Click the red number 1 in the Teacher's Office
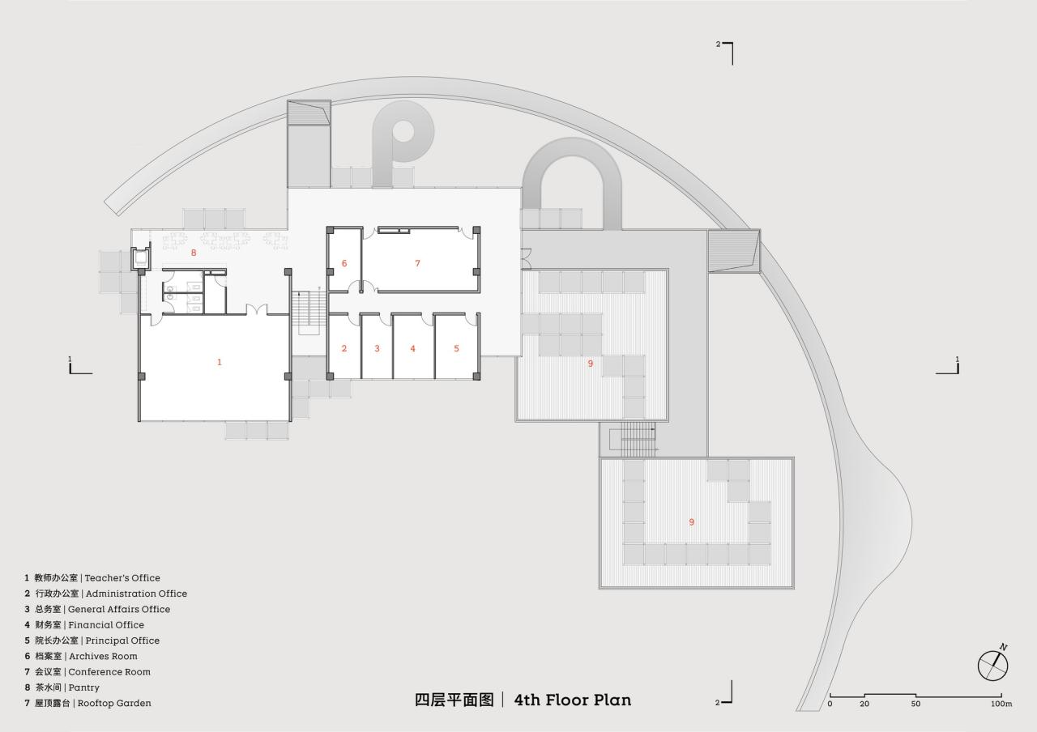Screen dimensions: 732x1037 click(219, 362)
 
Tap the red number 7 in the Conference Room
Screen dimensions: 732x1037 click(417, 263)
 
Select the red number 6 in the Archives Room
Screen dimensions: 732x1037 click(344, 263)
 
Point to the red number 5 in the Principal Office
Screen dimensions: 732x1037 click(456, 348)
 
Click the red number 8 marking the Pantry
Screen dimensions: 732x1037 click(194, 253)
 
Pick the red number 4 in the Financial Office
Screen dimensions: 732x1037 click(412, 348)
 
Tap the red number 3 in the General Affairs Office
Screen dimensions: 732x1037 click(377, 348)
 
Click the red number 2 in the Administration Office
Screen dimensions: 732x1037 click(344, 348)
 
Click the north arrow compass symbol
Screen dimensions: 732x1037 click(993, 665)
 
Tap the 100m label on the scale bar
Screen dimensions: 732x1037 click(1001, 704)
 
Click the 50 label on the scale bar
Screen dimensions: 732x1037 click(915, 704)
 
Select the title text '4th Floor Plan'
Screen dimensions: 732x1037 click(572, 700)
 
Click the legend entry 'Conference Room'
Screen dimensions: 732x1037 click(109, 672)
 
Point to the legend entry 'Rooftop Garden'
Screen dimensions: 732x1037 click(114, 703)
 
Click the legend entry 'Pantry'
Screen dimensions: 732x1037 click(84, 687)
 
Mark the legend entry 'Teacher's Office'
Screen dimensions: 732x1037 click(122, 578)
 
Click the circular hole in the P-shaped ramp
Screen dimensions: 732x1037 click(403, 131)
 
